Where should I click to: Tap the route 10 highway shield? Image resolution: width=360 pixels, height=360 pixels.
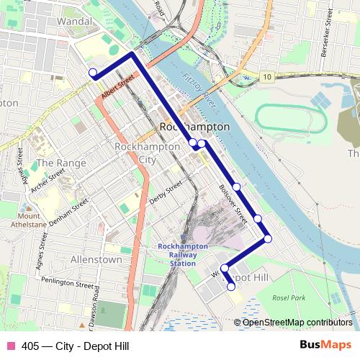pos(267,77)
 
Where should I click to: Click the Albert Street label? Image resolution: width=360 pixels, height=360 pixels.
pos(118,89)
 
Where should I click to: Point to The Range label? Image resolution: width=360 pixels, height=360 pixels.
pos(61,163)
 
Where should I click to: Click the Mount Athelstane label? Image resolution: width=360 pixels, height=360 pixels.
pos(30,219)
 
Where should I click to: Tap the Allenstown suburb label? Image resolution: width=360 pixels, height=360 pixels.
pos(96,258)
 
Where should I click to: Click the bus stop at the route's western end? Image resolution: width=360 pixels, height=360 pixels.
pos(92,72)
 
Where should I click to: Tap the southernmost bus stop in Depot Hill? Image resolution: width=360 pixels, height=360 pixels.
pos(231,287)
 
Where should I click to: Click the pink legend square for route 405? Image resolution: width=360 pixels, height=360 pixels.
pos(10,346)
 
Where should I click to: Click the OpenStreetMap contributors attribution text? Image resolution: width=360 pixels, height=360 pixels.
pos(297,323)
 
